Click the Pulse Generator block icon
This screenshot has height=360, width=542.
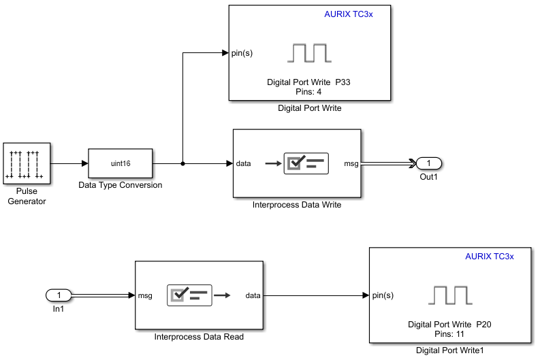tap(27, 163)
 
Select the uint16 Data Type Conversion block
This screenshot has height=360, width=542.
tap(121, 163)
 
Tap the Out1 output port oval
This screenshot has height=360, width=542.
tap(429, 163)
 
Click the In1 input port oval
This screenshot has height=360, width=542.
tap(59, 295)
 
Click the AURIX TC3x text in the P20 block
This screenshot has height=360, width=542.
tap(489, 257)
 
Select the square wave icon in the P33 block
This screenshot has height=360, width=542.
tap(309, 53)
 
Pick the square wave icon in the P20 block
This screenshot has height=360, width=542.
tap(450, 295)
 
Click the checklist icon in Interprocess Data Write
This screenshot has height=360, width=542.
tap(306, 163)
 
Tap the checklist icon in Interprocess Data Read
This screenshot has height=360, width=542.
tap(189, 295)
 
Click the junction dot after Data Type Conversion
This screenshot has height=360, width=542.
tap(183, 163)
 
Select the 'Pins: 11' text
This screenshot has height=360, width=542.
tap(449, 334)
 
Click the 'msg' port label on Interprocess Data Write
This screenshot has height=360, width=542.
tap(351, 163)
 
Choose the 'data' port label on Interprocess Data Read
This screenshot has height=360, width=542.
tap(253, 295)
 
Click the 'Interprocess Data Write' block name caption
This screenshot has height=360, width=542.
tap(296, 205)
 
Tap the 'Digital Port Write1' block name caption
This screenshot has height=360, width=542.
tap(449, 350)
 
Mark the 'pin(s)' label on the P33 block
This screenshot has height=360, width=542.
tap(242, 53)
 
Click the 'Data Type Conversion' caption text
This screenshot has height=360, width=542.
tap(121, 185)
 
